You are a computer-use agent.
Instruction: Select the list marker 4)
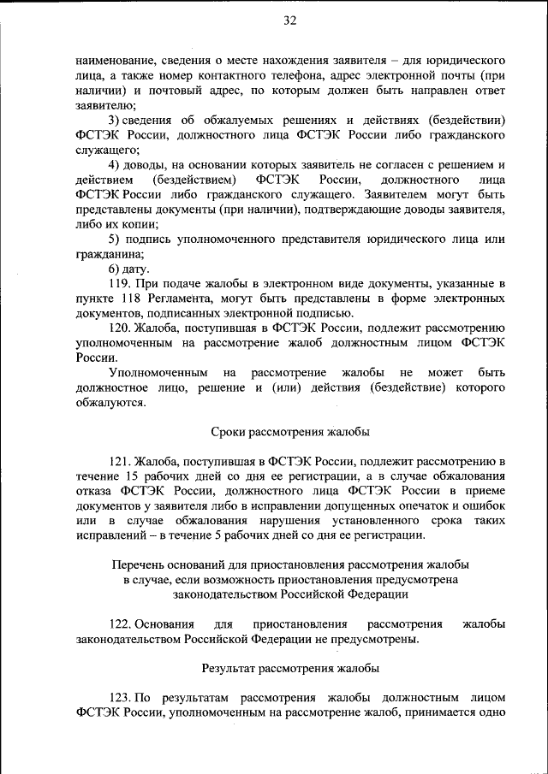click(116, 164)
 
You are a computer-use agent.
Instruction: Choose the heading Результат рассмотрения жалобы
click(290, 667)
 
